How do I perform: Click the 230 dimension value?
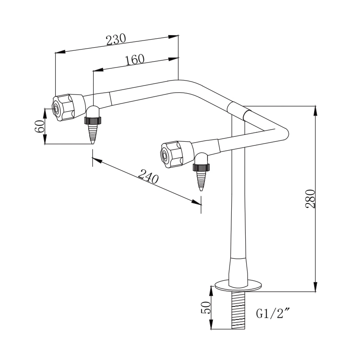coord(116,40)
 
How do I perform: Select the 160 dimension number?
coord(134,60)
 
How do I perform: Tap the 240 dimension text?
coord(148,177)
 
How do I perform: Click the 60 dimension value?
coord(40,126)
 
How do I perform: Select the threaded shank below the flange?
coord(238,310)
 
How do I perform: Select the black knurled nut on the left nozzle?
coord(92,121)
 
